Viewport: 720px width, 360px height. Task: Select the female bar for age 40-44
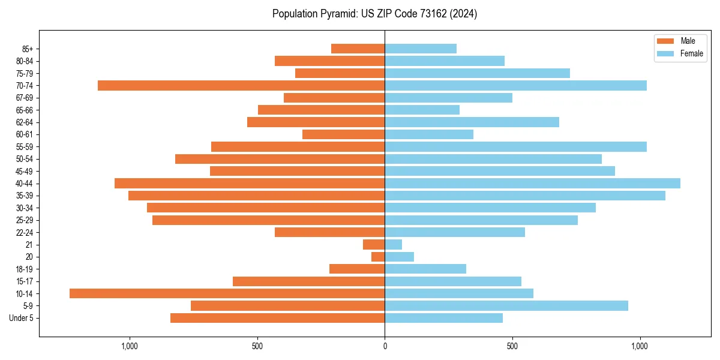click(x=532, y=183)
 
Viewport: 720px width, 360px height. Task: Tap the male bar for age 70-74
click(x=241, y=85)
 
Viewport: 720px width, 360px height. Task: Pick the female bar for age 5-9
click(x=506, y=305)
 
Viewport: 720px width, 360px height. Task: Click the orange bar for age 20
click(x=378, y=257)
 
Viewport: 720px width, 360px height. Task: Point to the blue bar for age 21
click(x=393, y=244)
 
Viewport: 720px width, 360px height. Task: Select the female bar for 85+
click(x=421, y=49)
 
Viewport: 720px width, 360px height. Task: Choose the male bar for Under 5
click(x=277, y=318)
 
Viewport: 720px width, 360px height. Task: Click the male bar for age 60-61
click(x=343, y=134)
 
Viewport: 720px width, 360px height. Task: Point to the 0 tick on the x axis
click(x=385, y=346)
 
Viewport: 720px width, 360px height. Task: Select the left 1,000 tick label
click(x=130, y=346)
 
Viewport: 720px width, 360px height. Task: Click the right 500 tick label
click(x=512, y=346)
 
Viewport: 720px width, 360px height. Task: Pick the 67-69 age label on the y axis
click(x=25, y=98)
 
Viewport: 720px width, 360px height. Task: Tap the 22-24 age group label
click(x=25, y=232)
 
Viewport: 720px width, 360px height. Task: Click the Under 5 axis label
click(x=22, y=318)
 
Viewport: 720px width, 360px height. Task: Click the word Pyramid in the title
click(x=338, y=14)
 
